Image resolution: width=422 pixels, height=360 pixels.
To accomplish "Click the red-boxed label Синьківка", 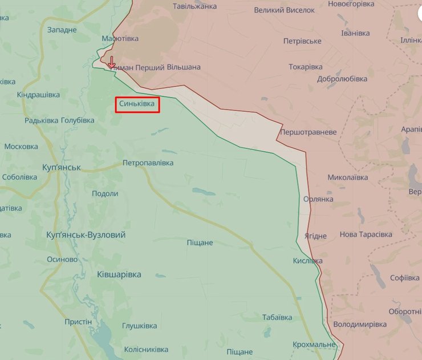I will [x=137, y=104].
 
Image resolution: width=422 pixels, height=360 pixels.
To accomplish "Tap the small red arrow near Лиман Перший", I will [x=112, y=62].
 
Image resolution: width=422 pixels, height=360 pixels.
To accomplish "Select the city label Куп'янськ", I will [x=62, y=168].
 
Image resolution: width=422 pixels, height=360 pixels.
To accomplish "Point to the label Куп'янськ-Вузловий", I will [x=86, y=235].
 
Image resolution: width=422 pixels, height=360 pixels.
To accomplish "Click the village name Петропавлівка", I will [x=148, y=163].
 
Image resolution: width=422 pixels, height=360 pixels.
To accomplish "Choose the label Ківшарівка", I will [x=119, y=274].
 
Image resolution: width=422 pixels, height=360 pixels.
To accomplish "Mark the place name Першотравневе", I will [x=308, y=132].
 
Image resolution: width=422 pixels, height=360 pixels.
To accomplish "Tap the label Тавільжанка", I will [x=195, y=6].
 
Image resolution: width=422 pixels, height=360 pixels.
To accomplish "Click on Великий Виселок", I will [x=284, y=10].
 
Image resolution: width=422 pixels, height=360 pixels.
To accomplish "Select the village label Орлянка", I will [x=318, y=199].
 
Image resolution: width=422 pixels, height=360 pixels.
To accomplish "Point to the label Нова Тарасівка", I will [x=366, y=234].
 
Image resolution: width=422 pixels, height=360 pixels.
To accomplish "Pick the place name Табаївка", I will [x=277, y=317].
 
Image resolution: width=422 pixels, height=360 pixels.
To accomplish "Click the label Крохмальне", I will [x=314, y=345].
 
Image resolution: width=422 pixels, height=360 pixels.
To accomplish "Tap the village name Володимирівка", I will [x=359, y=325].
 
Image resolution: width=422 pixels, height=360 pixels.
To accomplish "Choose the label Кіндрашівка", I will [x=38, y=94].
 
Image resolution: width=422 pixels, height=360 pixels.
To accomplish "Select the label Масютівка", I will [x=120, y=39].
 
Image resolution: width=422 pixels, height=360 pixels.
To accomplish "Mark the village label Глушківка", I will [x=139, y=326].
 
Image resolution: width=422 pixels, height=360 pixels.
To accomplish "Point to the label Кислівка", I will [x=307, y=261].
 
